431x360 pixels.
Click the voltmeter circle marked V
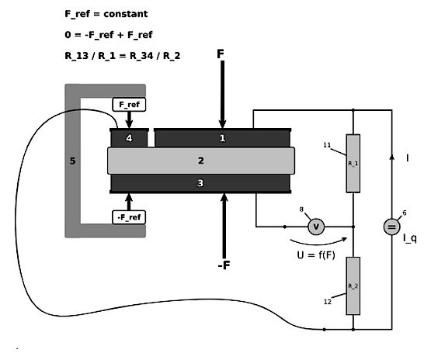tap(316, 227)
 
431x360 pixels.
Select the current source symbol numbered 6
tap(391, 227)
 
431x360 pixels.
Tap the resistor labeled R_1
tap(353, 164)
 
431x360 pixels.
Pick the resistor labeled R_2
tap(353, 286)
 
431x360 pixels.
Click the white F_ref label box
tap(129, 105)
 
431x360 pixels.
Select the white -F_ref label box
tap(129, 217)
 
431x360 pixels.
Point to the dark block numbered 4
tap(129, 138)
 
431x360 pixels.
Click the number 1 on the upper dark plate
tap(222, 138)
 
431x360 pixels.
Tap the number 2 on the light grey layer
tap(201, 161)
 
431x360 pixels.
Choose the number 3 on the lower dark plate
tap(200, 183)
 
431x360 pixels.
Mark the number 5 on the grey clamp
tap(72, 161)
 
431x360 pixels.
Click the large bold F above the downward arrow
tap(221, 54)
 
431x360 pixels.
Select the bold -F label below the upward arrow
tap(224, 265)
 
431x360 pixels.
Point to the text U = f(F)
tap(316, 255)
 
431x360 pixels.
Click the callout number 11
tap(327, 145)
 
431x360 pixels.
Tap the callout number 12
tap(328, 302)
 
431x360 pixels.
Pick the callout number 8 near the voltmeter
tap(301, 209)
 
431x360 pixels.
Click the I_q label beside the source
tap(410, 238)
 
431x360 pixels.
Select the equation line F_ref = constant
tap(106, 14)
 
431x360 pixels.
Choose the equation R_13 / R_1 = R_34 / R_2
tap(123, 56)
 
